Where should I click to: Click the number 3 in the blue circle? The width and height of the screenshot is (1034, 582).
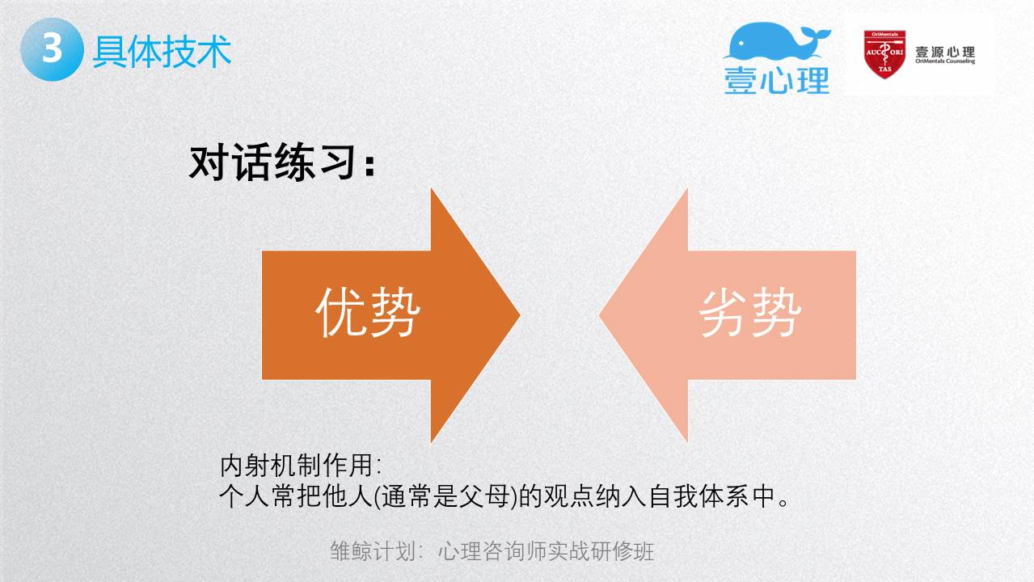[52, 48]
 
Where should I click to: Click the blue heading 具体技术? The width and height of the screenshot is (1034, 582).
[162, 51]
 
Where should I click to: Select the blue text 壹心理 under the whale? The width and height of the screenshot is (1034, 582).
[777, 80]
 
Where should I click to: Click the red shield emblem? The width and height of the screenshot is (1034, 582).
[884, 54]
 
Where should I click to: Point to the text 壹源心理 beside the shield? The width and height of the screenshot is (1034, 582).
[945, 52]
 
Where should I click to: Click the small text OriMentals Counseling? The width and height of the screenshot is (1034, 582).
[945, 61]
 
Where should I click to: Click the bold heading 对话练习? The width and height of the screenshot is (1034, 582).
[282, 162]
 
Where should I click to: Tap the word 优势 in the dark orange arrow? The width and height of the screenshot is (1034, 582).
[368, 312]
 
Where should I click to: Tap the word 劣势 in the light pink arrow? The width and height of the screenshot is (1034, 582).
[750, 312]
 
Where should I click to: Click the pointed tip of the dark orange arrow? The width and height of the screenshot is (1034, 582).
[520, 315]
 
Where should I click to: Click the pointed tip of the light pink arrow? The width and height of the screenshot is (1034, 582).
[600, 315]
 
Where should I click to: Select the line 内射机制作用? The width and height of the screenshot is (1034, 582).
[301, 466]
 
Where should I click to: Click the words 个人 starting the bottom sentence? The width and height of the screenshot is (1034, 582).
[244, 496]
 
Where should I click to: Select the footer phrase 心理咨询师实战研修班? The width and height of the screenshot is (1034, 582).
[546, 551]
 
